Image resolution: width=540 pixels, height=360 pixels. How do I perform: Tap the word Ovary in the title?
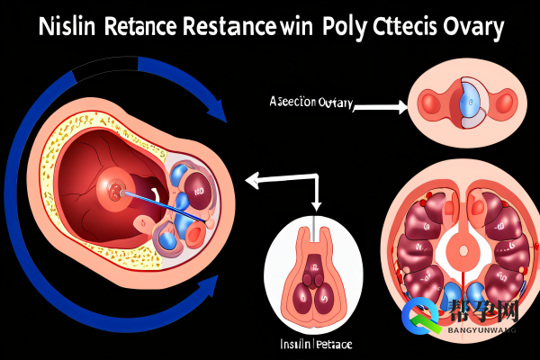click(468, 25)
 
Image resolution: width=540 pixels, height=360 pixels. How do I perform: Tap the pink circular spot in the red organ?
click(116, 189)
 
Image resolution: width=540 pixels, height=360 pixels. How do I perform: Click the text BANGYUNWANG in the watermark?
click(481, 331)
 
